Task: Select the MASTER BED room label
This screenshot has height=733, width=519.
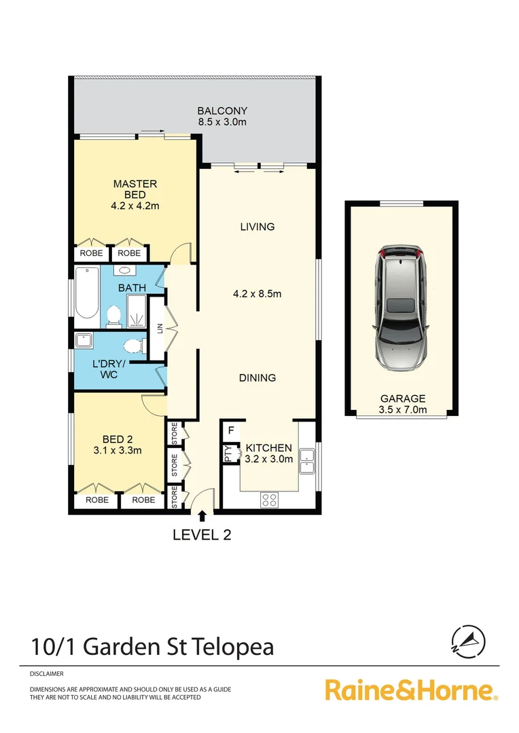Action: pos(135,189)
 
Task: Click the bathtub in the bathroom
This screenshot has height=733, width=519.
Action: pos(86,293)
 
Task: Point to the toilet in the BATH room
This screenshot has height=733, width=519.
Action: pos(113,314)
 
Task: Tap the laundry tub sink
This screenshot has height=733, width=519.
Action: pos(85,341)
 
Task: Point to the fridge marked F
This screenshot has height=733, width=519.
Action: pos(231,430)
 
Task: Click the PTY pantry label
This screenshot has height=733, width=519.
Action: pos(228,453)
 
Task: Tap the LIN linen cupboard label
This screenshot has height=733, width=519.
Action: pos(160,329)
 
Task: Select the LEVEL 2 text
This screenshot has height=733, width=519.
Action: pos(202,535)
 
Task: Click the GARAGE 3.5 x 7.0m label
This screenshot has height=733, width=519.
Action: pos(402,404)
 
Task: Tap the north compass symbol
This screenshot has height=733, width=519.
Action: pos(468,639)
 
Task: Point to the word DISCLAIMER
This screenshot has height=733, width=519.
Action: pos(47,674)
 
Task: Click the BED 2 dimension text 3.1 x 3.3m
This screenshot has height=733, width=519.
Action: pos(113,449)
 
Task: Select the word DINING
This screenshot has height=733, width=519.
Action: pos(257,377)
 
